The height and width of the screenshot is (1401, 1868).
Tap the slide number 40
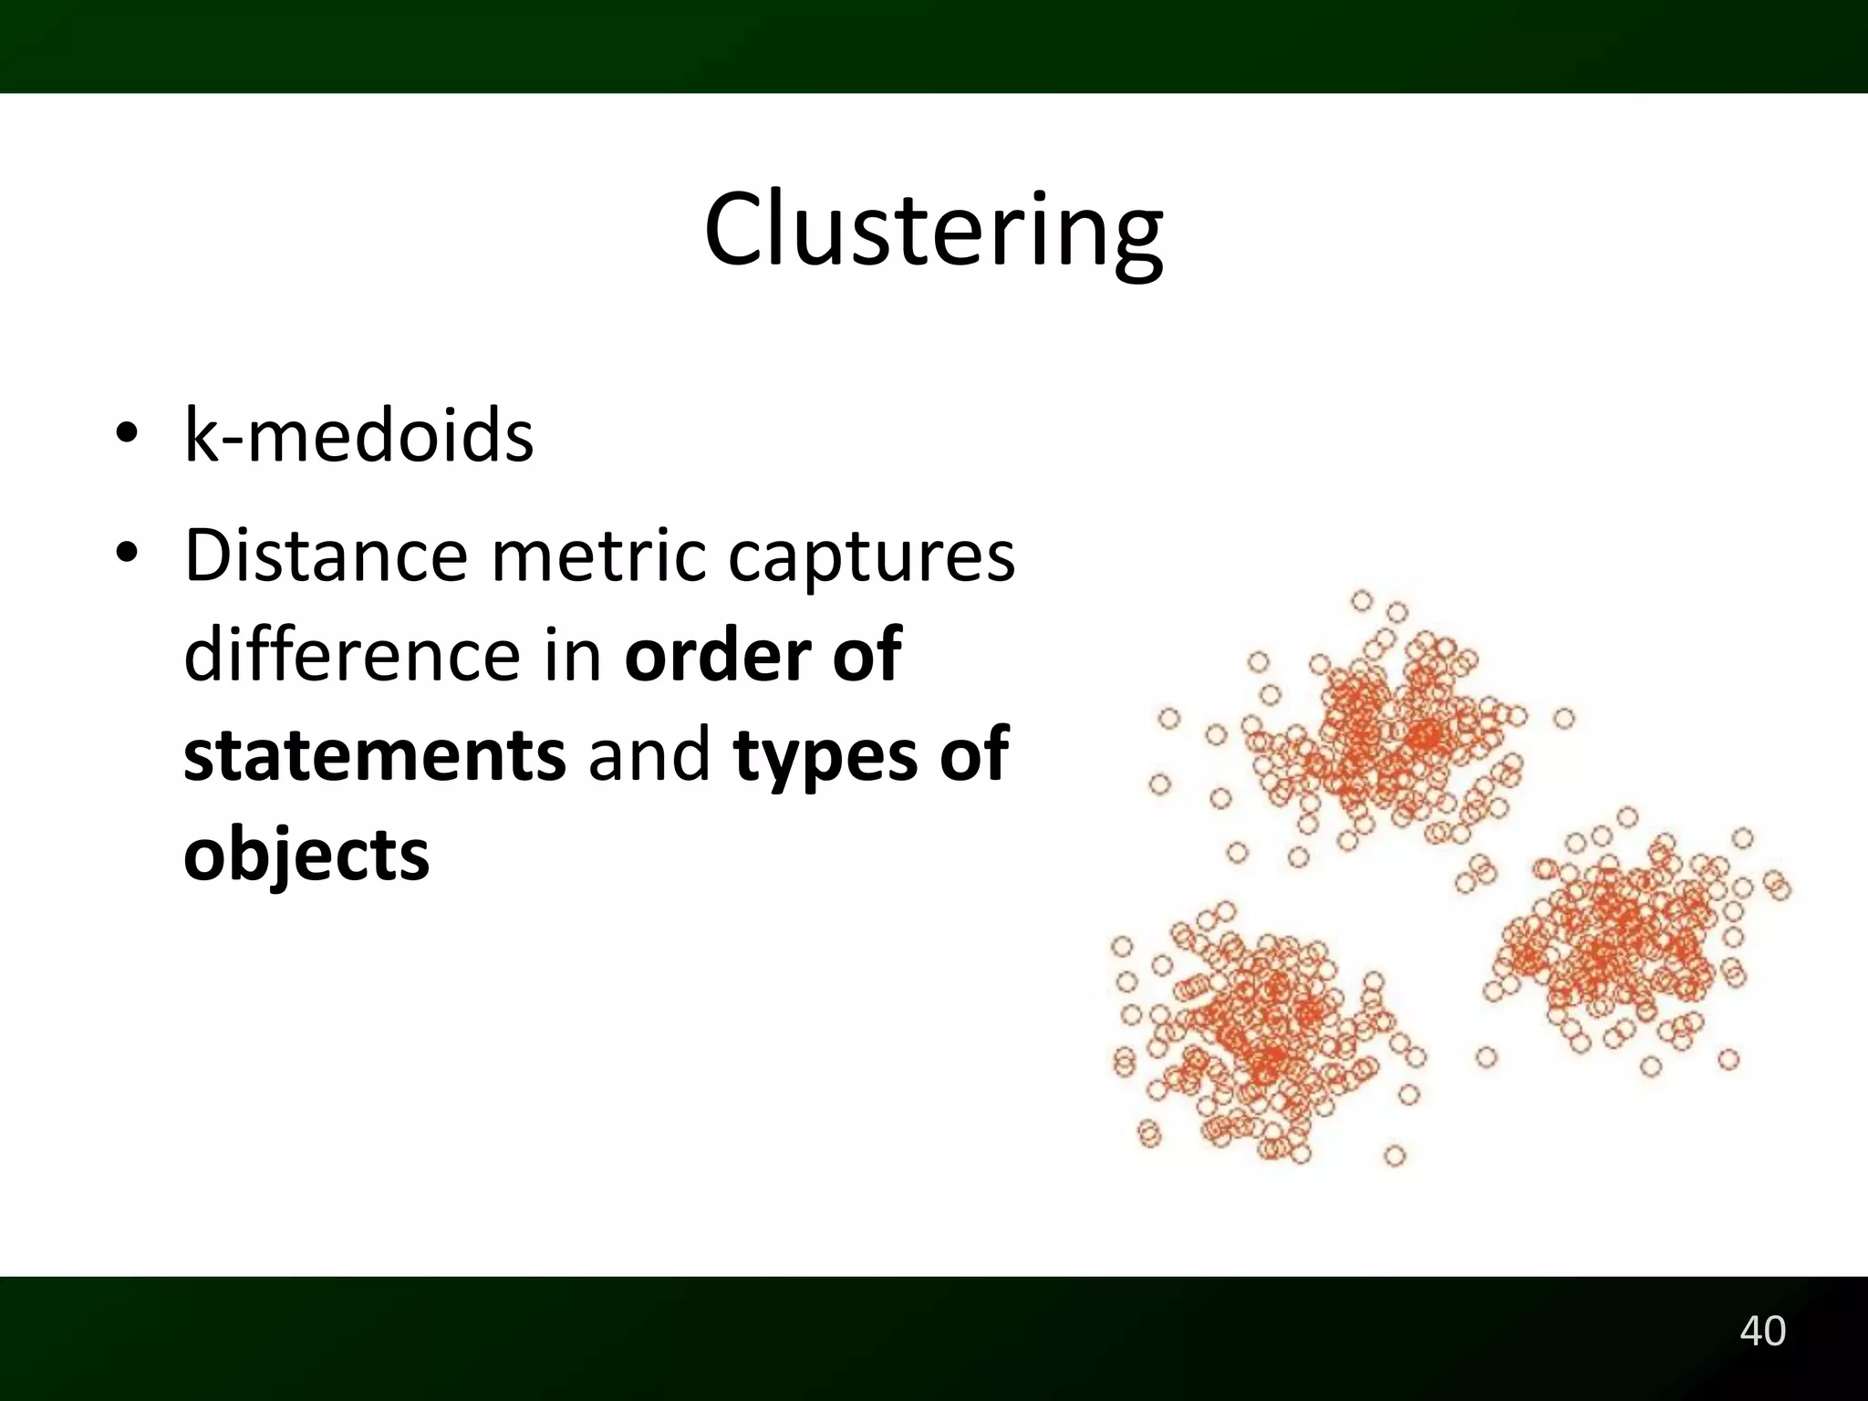click(x=1762, y=1331)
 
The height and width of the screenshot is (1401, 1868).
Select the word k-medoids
click(x=358, y=435)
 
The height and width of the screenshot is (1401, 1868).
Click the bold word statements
click(x=374, y=755)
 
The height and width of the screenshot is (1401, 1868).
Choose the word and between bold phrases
click(x=649, y=755)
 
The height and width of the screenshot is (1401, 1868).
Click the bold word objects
click(x=306, y=856)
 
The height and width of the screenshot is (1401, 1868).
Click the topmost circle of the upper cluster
click(x=1362, y=600)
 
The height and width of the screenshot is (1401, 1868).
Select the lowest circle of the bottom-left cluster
click(x=1395, y=1157)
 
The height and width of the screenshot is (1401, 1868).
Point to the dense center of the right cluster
click(x=1614, y=939)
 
